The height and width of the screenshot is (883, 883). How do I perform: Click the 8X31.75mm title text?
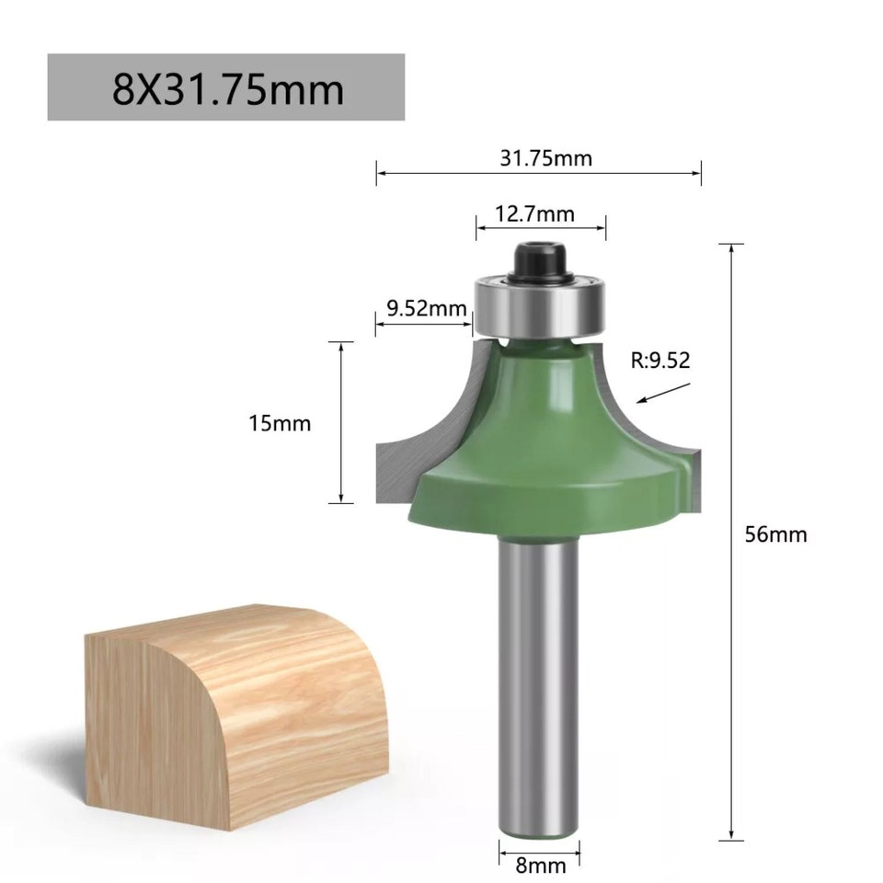tap(227, 89)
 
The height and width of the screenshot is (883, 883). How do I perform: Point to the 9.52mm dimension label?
tap(427, 308)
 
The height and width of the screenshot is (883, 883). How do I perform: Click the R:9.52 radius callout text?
tap(659, 361)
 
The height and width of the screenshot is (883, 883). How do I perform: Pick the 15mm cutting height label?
tap(280, 423)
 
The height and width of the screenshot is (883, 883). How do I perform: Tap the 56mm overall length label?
tap(775, 533)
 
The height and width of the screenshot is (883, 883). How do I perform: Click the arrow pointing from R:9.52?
tap(663, 393)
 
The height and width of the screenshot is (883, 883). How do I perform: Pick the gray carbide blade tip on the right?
tap(690, 474)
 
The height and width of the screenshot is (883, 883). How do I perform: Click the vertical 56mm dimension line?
tap(731, 543)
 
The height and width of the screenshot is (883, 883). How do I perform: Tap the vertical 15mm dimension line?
tap(341, 423)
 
